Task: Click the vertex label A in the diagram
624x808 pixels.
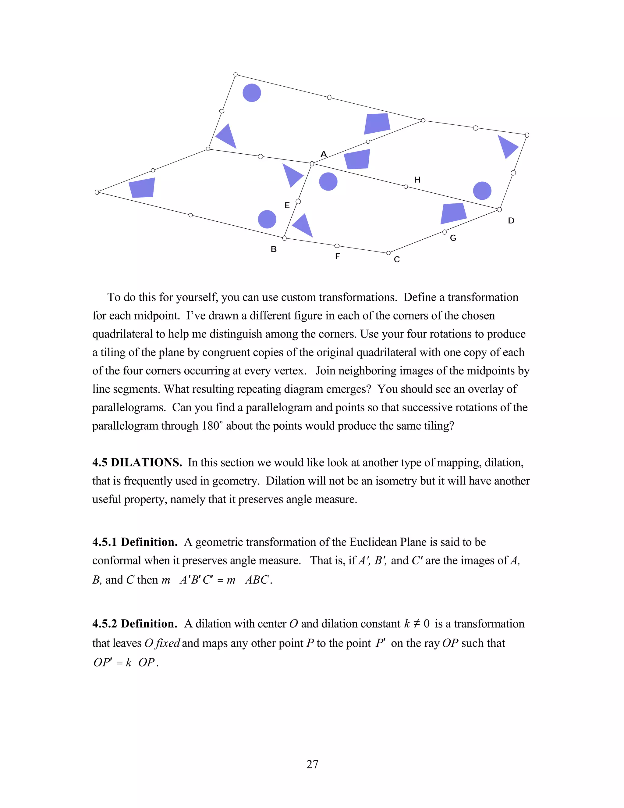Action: (324, 154)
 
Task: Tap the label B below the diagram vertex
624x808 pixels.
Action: (274, 249)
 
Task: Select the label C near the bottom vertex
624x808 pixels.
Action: (397, 260)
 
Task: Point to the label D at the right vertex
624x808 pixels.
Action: (511, 221)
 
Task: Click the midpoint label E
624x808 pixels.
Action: (287, 205)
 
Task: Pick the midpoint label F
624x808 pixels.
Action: (337, 256)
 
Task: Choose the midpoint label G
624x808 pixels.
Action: (453, 238)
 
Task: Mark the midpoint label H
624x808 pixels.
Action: (417, 180)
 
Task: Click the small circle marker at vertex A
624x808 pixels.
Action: (312, 163)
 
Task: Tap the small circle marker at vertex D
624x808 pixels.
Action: (499, 210)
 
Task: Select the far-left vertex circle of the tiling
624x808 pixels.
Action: (97, 192)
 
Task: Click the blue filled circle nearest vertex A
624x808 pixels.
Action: (328, 182)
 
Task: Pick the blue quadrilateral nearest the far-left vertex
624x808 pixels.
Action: (142, 188)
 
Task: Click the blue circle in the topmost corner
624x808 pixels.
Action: (252, 92)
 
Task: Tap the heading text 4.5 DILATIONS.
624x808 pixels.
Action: (137, 463)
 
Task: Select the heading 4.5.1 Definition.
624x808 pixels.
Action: (135, 542)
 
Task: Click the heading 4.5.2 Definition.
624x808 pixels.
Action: (135, 624)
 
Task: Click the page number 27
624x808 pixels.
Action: (312, 764)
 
